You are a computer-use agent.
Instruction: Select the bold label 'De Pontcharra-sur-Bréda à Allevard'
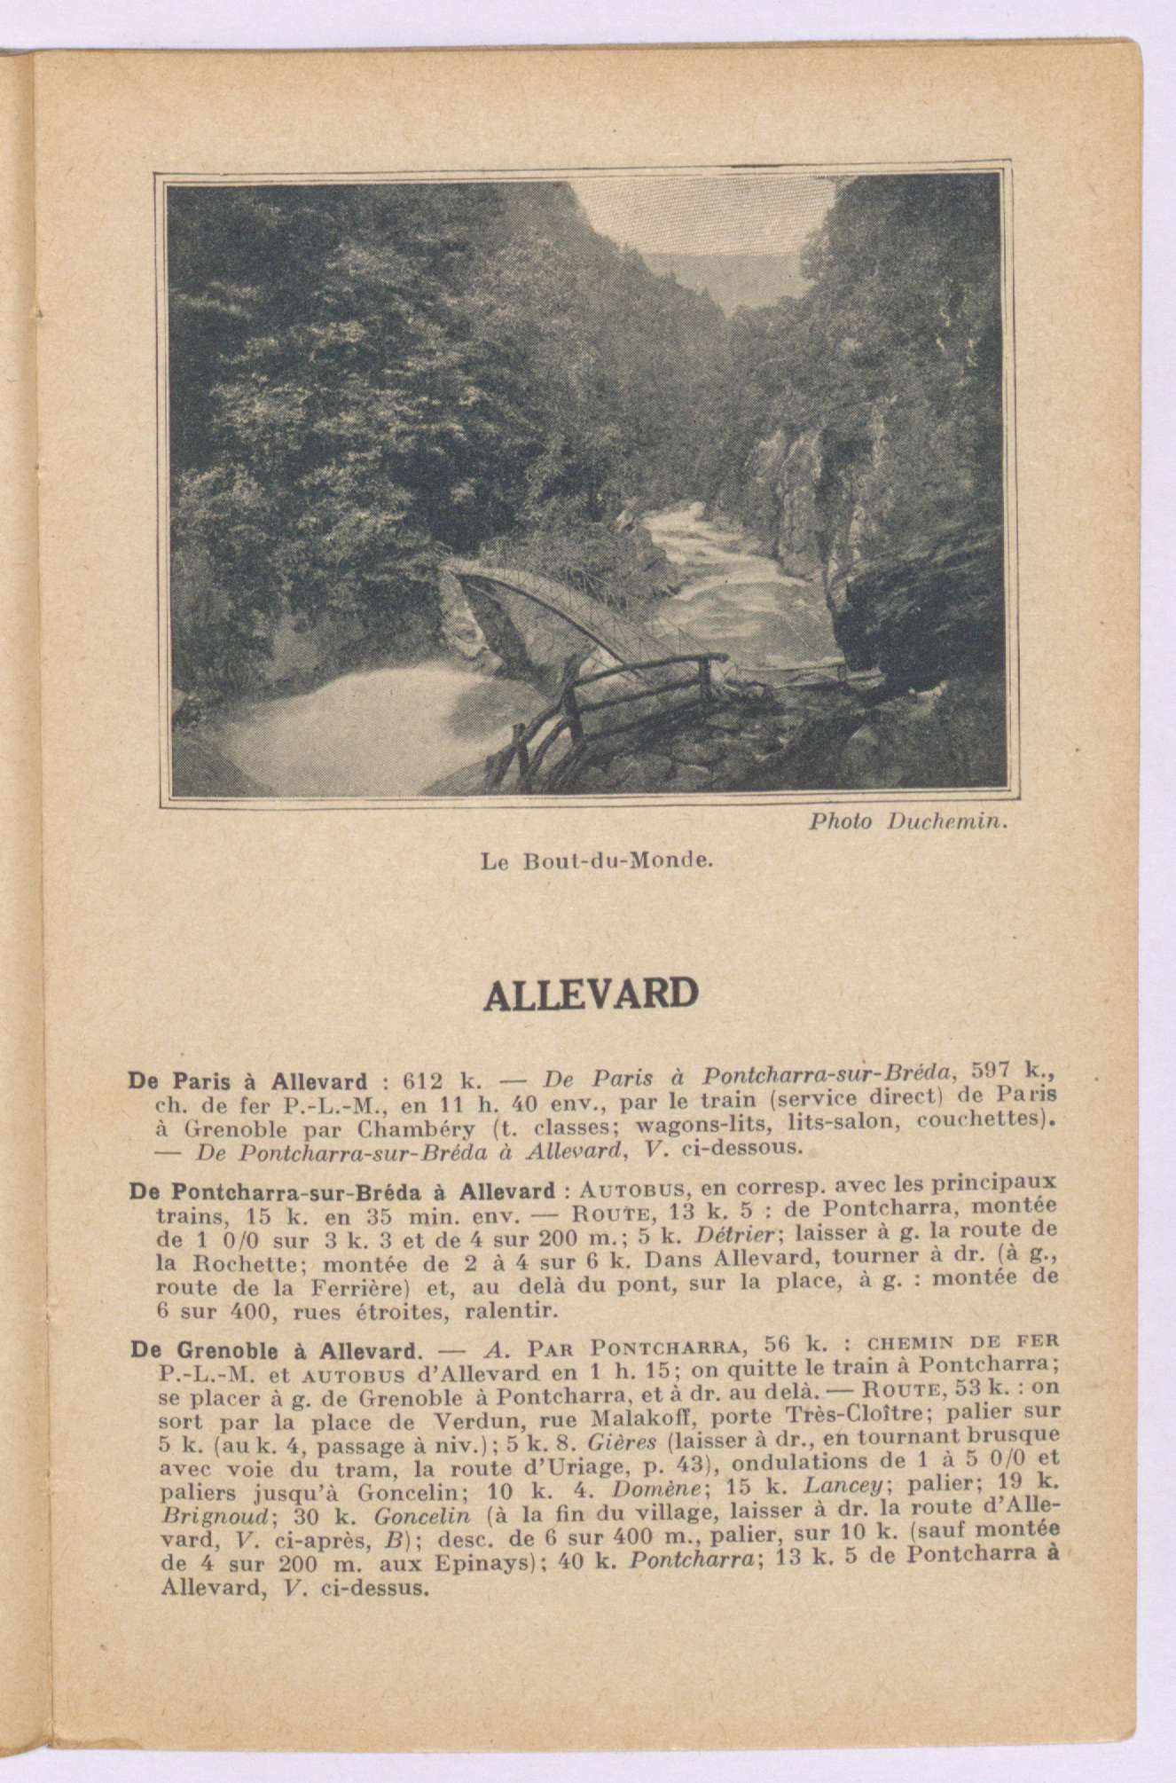point(343,1190)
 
